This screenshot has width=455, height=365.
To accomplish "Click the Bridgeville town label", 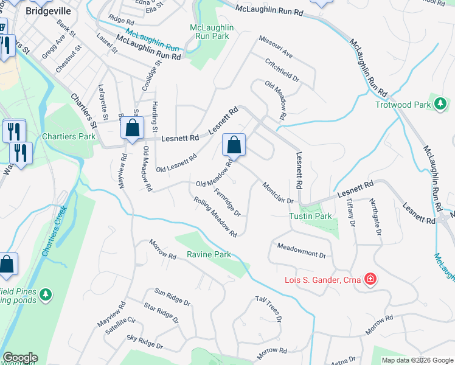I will pos(48,11).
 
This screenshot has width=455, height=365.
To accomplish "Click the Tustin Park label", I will pos(310,216).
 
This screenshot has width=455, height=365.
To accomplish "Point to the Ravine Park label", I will pos(209,254).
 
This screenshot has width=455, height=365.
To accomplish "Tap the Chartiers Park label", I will pos(69,136).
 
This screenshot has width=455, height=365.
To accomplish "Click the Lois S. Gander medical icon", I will pos(370,280).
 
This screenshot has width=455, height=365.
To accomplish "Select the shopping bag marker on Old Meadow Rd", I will pos(234,146).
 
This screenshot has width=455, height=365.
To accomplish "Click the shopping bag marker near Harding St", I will pos(132,129).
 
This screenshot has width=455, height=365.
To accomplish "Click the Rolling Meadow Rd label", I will pos(215,217).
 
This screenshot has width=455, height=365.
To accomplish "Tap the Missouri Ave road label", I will pos(276,47).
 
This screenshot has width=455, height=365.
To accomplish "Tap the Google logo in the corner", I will pos(19,358).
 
